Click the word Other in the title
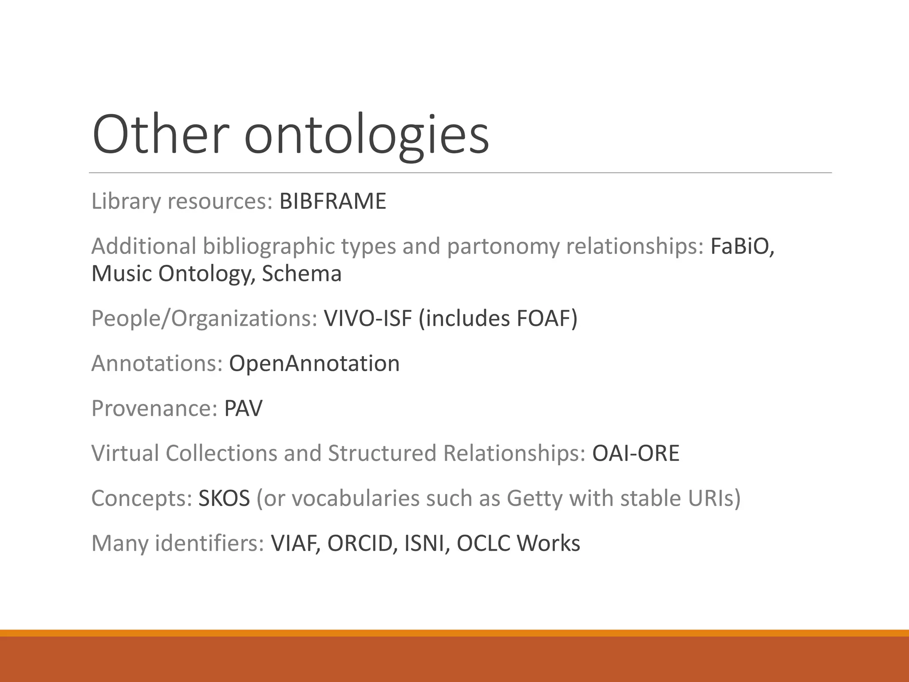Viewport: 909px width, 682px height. pyautogui.click(x=161, y=134)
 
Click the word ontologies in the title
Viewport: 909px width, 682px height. pyautogui.click(x=366, y=135)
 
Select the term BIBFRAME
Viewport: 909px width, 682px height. pyautogui.click(x=332, y=201)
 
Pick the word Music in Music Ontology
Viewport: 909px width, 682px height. pyautogui.click(x=122, y=274)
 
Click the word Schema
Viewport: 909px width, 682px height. pyautogui.click(x=301, y=274)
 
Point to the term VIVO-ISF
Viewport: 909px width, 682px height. pyautogui.click(x=368, y=318)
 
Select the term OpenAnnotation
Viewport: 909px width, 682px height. pyautogui.click(x=314, y=364)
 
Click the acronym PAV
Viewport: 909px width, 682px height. pyautogui.click(x=243, y=408)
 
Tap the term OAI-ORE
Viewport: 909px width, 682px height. pyautogui.click(x=636, y=453)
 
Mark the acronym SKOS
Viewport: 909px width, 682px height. pyautogui.click(x=224, y=498)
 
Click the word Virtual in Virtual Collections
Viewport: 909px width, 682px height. pyautogui.click(x=125, y=453)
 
